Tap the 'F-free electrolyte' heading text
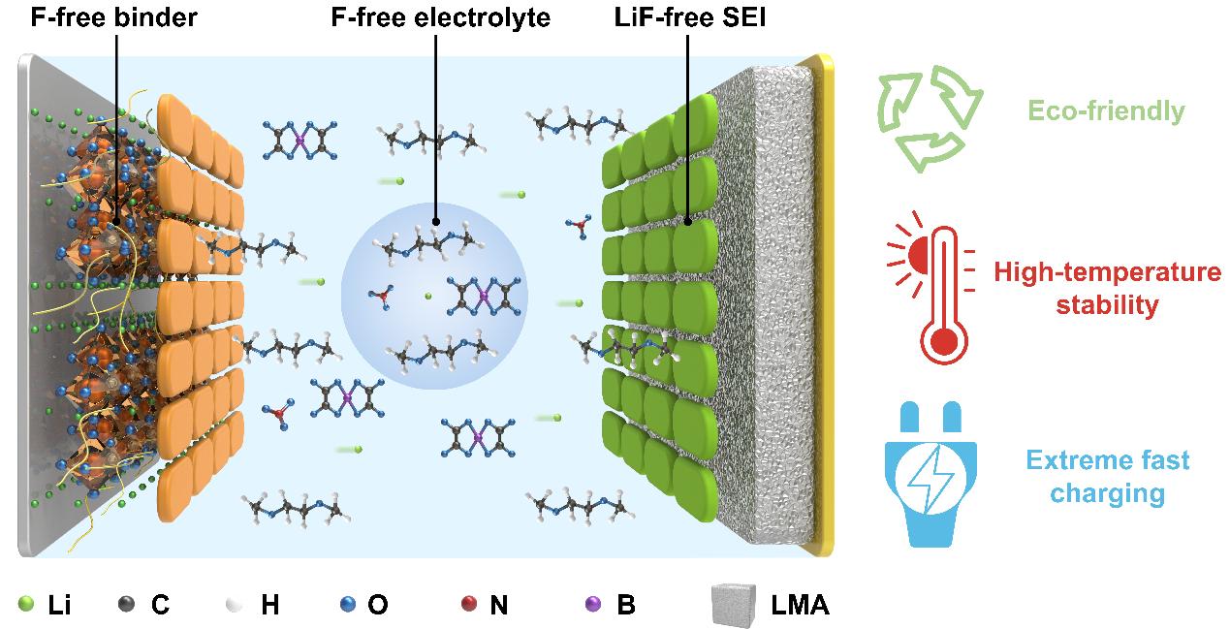[436, 17]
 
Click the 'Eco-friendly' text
[1106, 110]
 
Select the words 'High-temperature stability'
[1106, 289]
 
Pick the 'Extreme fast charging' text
[1106, 477]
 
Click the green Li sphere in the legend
[26, 606]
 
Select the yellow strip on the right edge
[825, 305]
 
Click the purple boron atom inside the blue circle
[483, 295]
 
